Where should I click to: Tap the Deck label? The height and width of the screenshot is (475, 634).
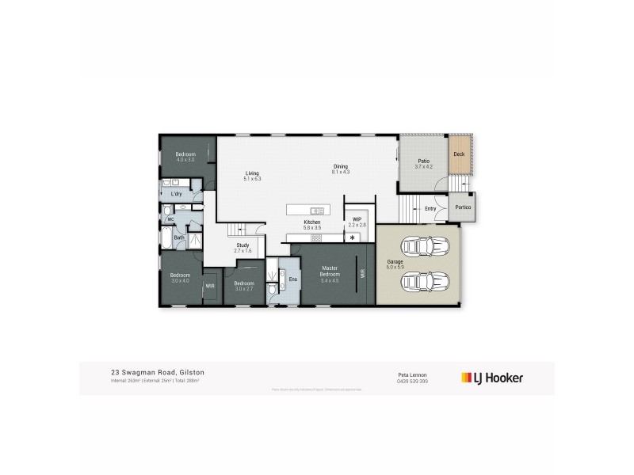tap(458, 155)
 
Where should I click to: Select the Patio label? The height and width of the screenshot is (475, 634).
tap(423, 161)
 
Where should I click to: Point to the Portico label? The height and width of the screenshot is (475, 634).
tap(463, 208)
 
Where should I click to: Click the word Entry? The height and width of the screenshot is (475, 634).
tap(430, 209)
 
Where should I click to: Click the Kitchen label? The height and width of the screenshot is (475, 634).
tap(311, 222)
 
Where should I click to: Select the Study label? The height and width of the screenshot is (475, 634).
tap(243, 245)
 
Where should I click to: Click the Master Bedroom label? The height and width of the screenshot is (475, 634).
tap(330, 271)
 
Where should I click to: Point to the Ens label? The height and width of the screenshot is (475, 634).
tap(292, 279)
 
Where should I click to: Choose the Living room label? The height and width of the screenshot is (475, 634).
tap(252, 173)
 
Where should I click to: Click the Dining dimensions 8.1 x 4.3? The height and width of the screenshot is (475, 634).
tap(341, 172)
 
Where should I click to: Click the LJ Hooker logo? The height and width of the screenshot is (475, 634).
tap(492, 378)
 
